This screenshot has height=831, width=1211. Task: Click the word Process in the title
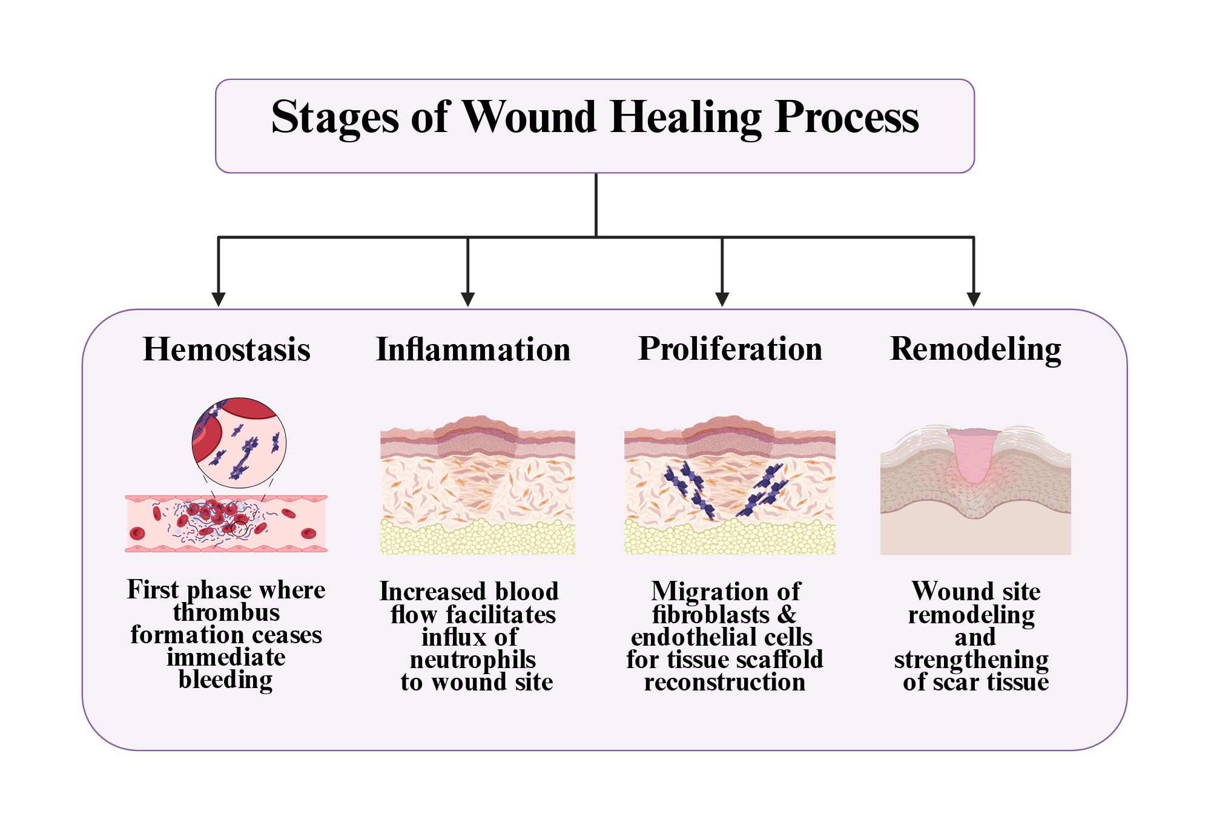[x=847, y=116]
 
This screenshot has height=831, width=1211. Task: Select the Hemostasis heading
[x=226, y=349]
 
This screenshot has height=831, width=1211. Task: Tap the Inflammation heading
[x=473, y=349]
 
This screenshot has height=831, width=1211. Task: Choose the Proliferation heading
[x=730, y=349]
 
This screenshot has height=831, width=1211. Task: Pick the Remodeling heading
[x=975, y=349]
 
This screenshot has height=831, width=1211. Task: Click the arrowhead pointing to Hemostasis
[x=219, y=299]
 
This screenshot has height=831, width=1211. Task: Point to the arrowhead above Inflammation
[x=468, y=299]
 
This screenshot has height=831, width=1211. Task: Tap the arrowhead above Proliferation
[x=722, y=299]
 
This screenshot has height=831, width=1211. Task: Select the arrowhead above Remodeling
[x=974, y=299]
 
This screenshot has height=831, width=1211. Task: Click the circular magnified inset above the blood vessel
[x=239, y=443]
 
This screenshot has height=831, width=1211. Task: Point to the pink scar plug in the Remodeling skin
[x=974, y=454]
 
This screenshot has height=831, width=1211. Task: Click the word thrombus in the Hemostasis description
[x=226, y=612]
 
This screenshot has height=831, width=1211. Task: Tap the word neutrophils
[x=473, y=660]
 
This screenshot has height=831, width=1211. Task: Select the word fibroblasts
[x=711, y=615]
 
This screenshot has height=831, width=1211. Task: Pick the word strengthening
[x=971, y=660]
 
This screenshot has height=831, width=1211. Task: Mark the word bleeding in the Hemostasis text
[x=226, y=680]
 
